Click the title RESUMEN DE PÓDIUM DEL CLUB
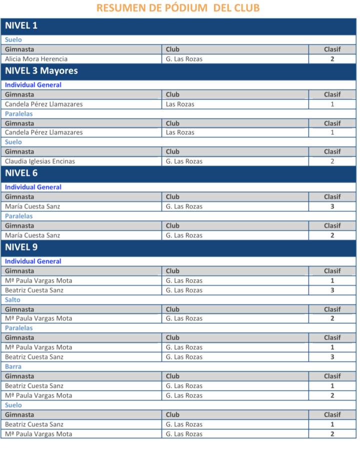point(178,8)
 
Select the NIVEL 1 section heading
point(21,26)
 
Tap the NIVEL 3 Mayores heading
point(41,71)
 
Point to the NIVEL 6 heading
point(21,173)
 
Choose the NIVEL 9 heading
point(21,247)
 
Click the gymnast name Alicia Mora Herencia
point(36,59)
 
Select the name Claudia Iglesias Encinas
point(40,161)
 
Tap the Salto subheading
point(12,299)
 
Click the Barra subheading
point(13,366)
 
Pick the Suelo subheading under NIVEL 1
point(13,39)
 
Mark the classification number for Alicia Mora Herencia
point(332,59)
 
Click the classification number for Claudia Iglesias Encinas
point(332,161)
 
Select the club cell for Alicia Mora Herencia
point(184,59)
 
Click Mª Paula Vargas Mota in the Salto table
point(38,318)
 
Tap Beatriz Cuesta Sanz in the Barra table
point(34,386)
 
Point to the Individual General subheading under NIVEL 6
point(33,187)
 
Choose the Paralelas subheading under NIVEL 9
point(19,328)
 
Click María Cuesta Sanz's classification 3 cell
point(332,206)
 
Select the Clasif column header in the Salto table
point(332,309)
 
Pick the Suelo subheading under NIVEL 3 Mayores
point(13,142)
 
